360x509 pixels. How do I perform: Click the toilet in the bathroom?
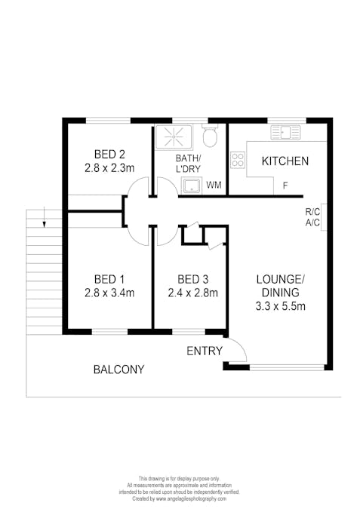[x=210, y=136]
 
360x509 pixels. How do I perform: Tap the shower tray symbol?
[x=174, y=136]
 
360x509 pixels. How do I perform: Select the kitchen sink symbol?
[x=285, y=132]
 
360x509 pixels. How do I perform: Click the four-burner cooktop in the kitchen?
[x=238, y=160]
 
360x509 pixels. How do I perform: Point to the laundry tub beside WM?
[x=192, y=186]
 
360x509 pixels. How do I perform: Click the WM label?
[x=214, y=185]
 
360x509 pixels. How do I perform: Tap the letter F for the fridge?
[x=285, y=186]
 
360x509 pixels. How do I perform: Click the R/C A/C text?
[x=312, y=217]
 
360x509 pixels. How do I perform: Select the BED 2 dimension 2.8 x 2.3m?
[x=109, y=168]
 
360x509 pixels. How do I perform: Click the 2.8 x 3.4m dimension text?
[x=109, y=293]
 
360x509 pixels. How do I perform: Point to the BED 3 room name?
[x=193, y=279]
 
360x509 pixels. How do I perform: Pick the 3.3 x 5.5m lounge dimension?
[x=281, y=306]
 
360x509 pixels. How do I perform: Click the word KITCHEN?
[x=285, y=161]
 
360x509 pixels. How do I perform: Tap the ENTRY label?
[x=205, y=351]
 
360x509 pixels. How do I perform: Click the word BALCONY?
[x=119, y=369]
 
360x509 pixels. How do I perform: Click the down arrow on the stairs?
[x=45, y=219]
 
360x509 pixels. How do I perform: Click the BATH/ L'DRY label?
[x=188, y=164]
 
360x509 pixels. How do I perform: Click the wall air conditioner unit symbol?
[x=324, y=217]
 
